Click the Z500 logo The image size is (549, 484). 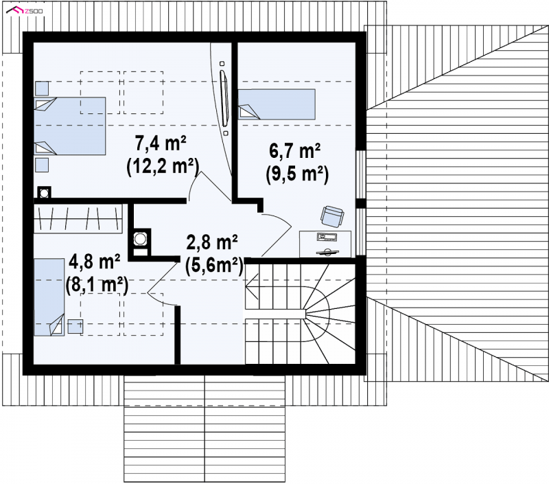(25, 11)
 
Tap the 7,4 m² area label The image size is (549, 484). (161, 143)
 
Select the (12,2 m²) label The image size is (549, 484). (163, 166)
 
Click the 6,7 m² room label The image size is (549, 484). (295, 151)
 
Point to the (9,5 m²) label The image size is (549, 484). (297, 174)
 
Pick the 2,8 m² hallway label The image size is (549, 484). (212, 242)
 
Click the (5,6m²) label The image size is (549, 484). (214, 266)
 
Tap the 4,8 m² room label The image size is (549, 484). (95, 262)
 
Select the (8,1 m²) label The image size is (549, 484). (97, 285)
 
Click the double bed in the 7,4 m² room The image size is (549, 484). (70, 126)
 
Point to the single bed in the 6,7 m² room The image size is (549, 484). (277, 104)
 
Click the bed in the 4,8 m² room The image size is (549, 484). (49, 297)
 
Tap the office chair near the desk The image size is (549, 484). (332, 216)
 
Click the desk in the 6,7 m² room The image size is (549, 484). (325, 244)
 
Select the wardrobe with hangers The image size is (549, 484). (78, 218)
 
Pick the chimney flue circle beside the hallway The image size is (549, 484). (141, 239)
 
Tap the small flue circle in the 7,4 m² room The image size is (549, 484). (44, 193)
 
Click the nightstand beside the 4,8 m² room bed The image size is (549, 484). (75, 326)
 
